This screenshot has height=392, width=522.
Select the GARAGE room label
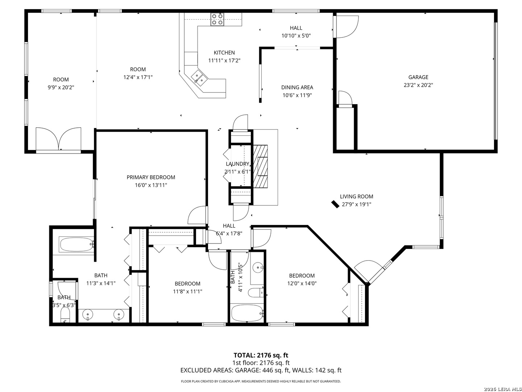click(x=418, y=77)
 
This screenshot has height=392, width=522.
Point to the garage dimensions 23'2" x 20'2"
click(x=418, y=85)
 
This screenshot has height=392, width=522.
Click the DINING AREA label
click(x=297, y=87)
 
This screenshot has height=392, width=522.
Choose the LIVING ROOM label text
click(x=356, y=196)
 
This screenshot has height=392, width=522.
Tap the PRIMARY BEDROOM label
click(x=151, y=177)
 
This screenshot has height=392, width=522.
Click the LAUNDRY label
click(x=237, y=164)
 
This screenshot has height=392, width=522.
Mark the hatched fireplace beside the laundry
click(x=260, y=166)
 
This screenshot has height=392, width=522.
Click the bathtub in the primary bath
click(x=77, y=244)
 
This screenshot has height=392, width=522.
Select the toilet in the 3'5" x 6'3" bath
click(x=65, y=314)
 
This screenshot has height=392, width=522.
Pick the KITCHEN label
click(x=224, y=53)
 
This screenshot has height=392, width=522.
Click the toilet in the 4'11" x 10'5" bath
click(x=256, y=293)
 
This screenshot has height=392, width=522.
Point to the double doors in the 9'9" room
click(x=58, y=139)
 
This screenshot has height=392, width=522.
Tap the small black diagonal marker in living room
click(x=335, y=204)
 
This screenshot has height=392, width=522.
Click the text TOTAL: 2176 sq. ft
click(x=261, y=355)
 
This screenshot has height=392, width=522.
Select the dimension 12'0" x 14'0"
click(x=302, y=283)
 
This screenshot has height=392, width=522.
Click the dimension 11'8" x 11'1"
click(x=187, y=291)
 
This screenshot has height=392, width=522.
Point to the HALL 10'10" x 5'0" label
click(x=296, y=32)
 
